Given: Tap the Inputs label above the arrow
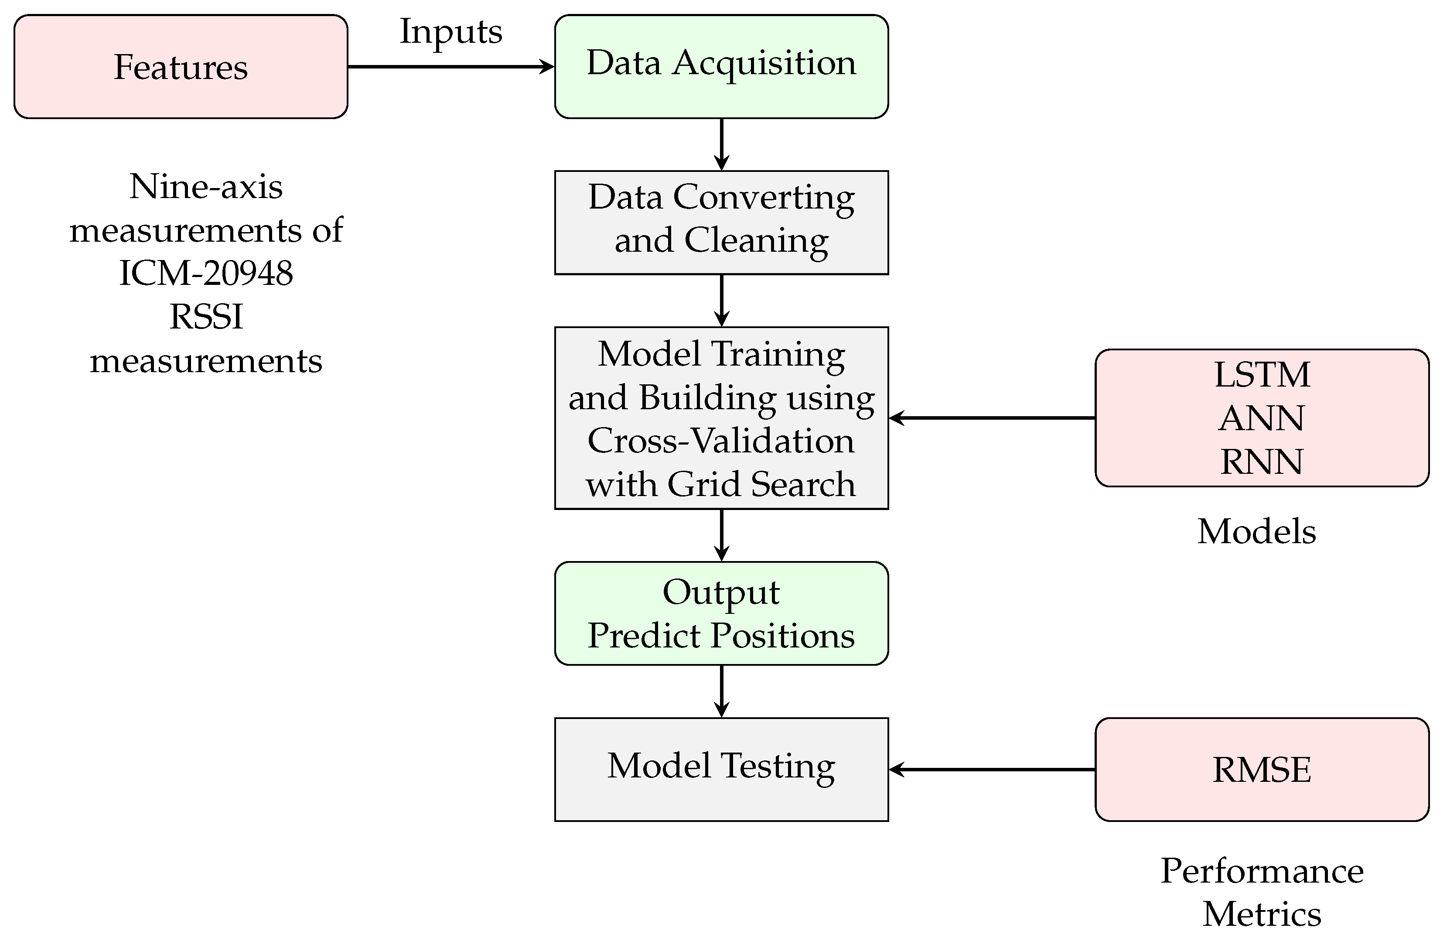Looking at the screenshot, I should click(x=451, y=31).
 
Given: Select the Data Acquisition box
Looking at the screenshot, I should click(x=721, y=67).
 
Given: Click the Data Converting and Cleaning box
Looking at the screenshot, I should click(x=721, y=222).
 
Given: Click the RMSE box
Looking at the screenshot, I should click(x=1262, y=769).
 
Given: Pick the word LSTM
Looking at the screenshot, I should click(x=1262, y=375).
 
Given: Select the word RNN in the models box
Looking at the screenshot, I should click(x=1262, y=462).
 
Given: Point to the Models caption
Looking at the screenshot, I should click(x=1257, y=531).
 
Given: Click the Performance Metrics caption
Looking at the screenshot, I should click(x=1262, y=893).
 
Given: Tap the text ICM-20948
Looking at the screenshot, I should click(x=206, y=273).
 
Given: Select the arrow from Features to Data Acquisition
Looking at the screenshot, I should click(x=451, y=67).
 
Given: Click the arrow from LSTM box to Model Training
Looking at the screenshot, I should click(x=992, y=418).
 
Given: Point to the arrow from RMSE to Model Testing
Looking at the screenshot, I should click(x=992, y=769).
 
